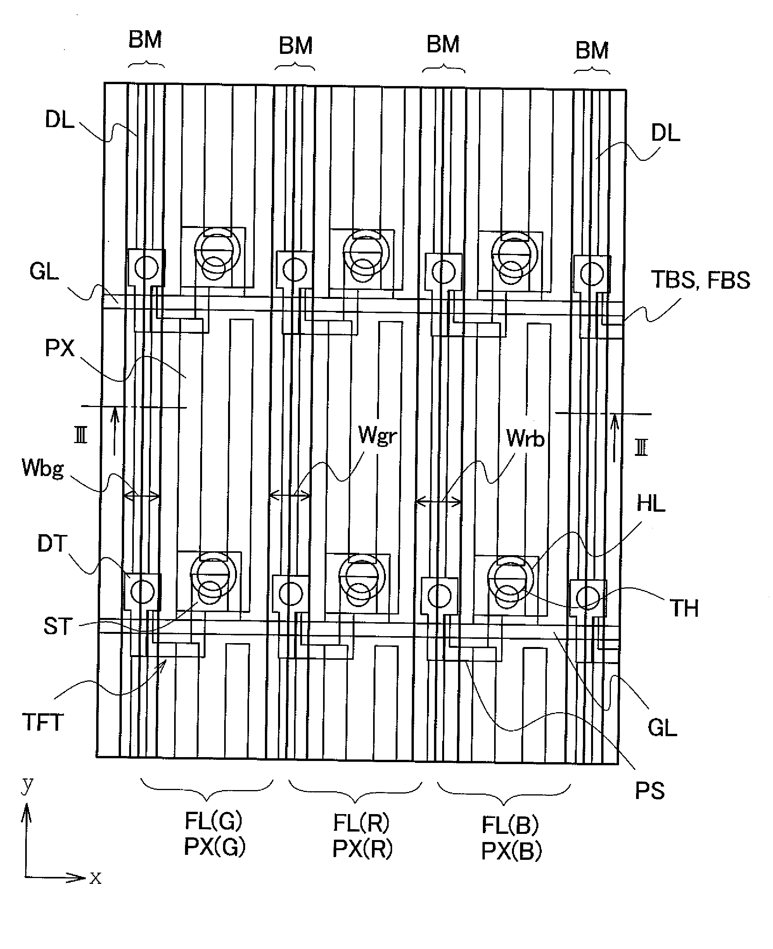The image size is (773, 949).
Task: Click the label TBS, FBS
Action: tap(700, 280)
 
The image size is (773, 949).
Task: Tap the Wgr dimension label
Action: tap(377, 435)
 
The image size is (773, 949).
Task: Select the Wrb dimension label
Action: tap(526, 439)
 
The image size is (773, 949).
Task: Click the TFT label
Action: tap(43, 722)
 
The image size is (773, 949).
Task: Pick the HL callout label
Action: tap(650, 504)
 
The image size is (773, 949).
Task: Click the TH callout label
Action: tap(684, 609)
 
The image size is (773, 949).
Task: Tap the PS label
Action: tap(650, 791)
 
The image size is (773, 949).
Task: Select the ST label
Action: tap(57, 626)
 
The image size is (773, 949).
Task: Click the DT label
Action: tap(52, 544)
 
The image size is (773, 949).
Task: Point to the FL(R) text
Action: tap(361, 823)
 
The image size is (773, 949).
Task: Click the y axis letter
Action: tap(28, 784)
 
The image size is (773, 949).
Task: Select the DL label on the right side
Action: tap(665, 133)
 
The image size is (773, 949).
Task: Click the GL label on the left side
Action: tap(44, 271)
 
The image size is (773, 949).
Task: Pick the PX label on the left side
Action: tap(59, 348)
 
